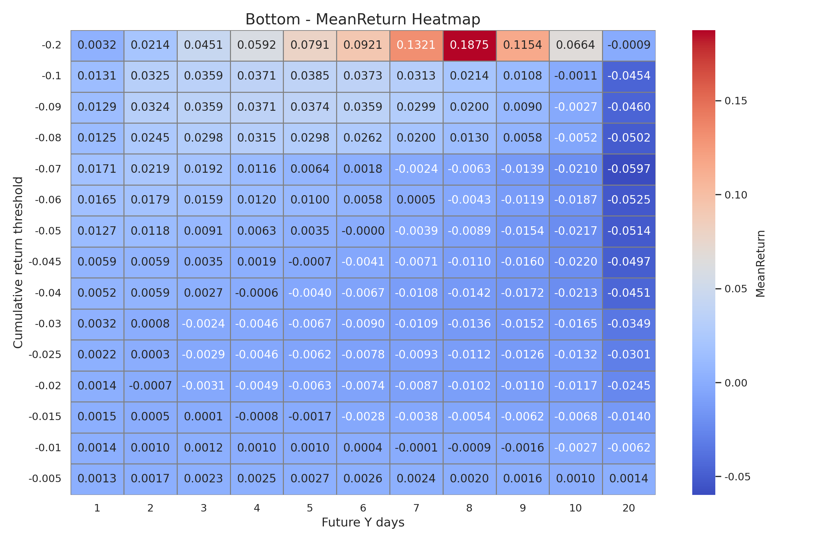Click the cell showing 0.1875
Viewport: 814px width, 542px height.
tap(469, 45)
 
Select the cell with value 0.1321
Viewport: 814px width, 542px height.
tap(416, 45)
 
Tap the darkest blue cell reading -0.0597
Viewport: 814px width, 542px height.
tap(629, 169)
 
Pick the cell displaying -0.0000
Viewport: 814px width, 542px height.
tap(363, 231)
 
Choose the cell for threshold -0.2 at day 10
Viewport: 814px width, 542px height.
tap(576, 45)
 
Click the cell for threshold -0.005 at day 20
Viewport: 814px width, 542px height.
tap(629, 479)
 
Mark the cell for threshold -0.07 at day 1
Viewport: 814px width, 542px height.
tap(97, 169)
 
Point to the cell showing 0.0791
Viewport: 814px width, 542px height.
tap(310, 45)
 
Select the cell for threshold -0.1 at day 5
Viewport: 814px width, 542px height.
tap(310, 76)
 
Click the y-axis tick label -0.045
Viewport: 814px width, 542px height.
tap(45, 262)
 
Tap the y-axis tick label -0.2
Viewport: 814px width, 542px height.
tap(51, 45)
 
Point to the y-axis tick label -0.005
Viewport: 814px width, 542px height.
tap(45, 479)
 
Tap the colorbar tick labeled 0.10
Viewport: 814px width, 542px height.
tap(736, 195)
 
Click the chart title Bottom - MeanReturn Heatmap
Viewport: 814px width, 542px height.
tap(363, 19)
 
